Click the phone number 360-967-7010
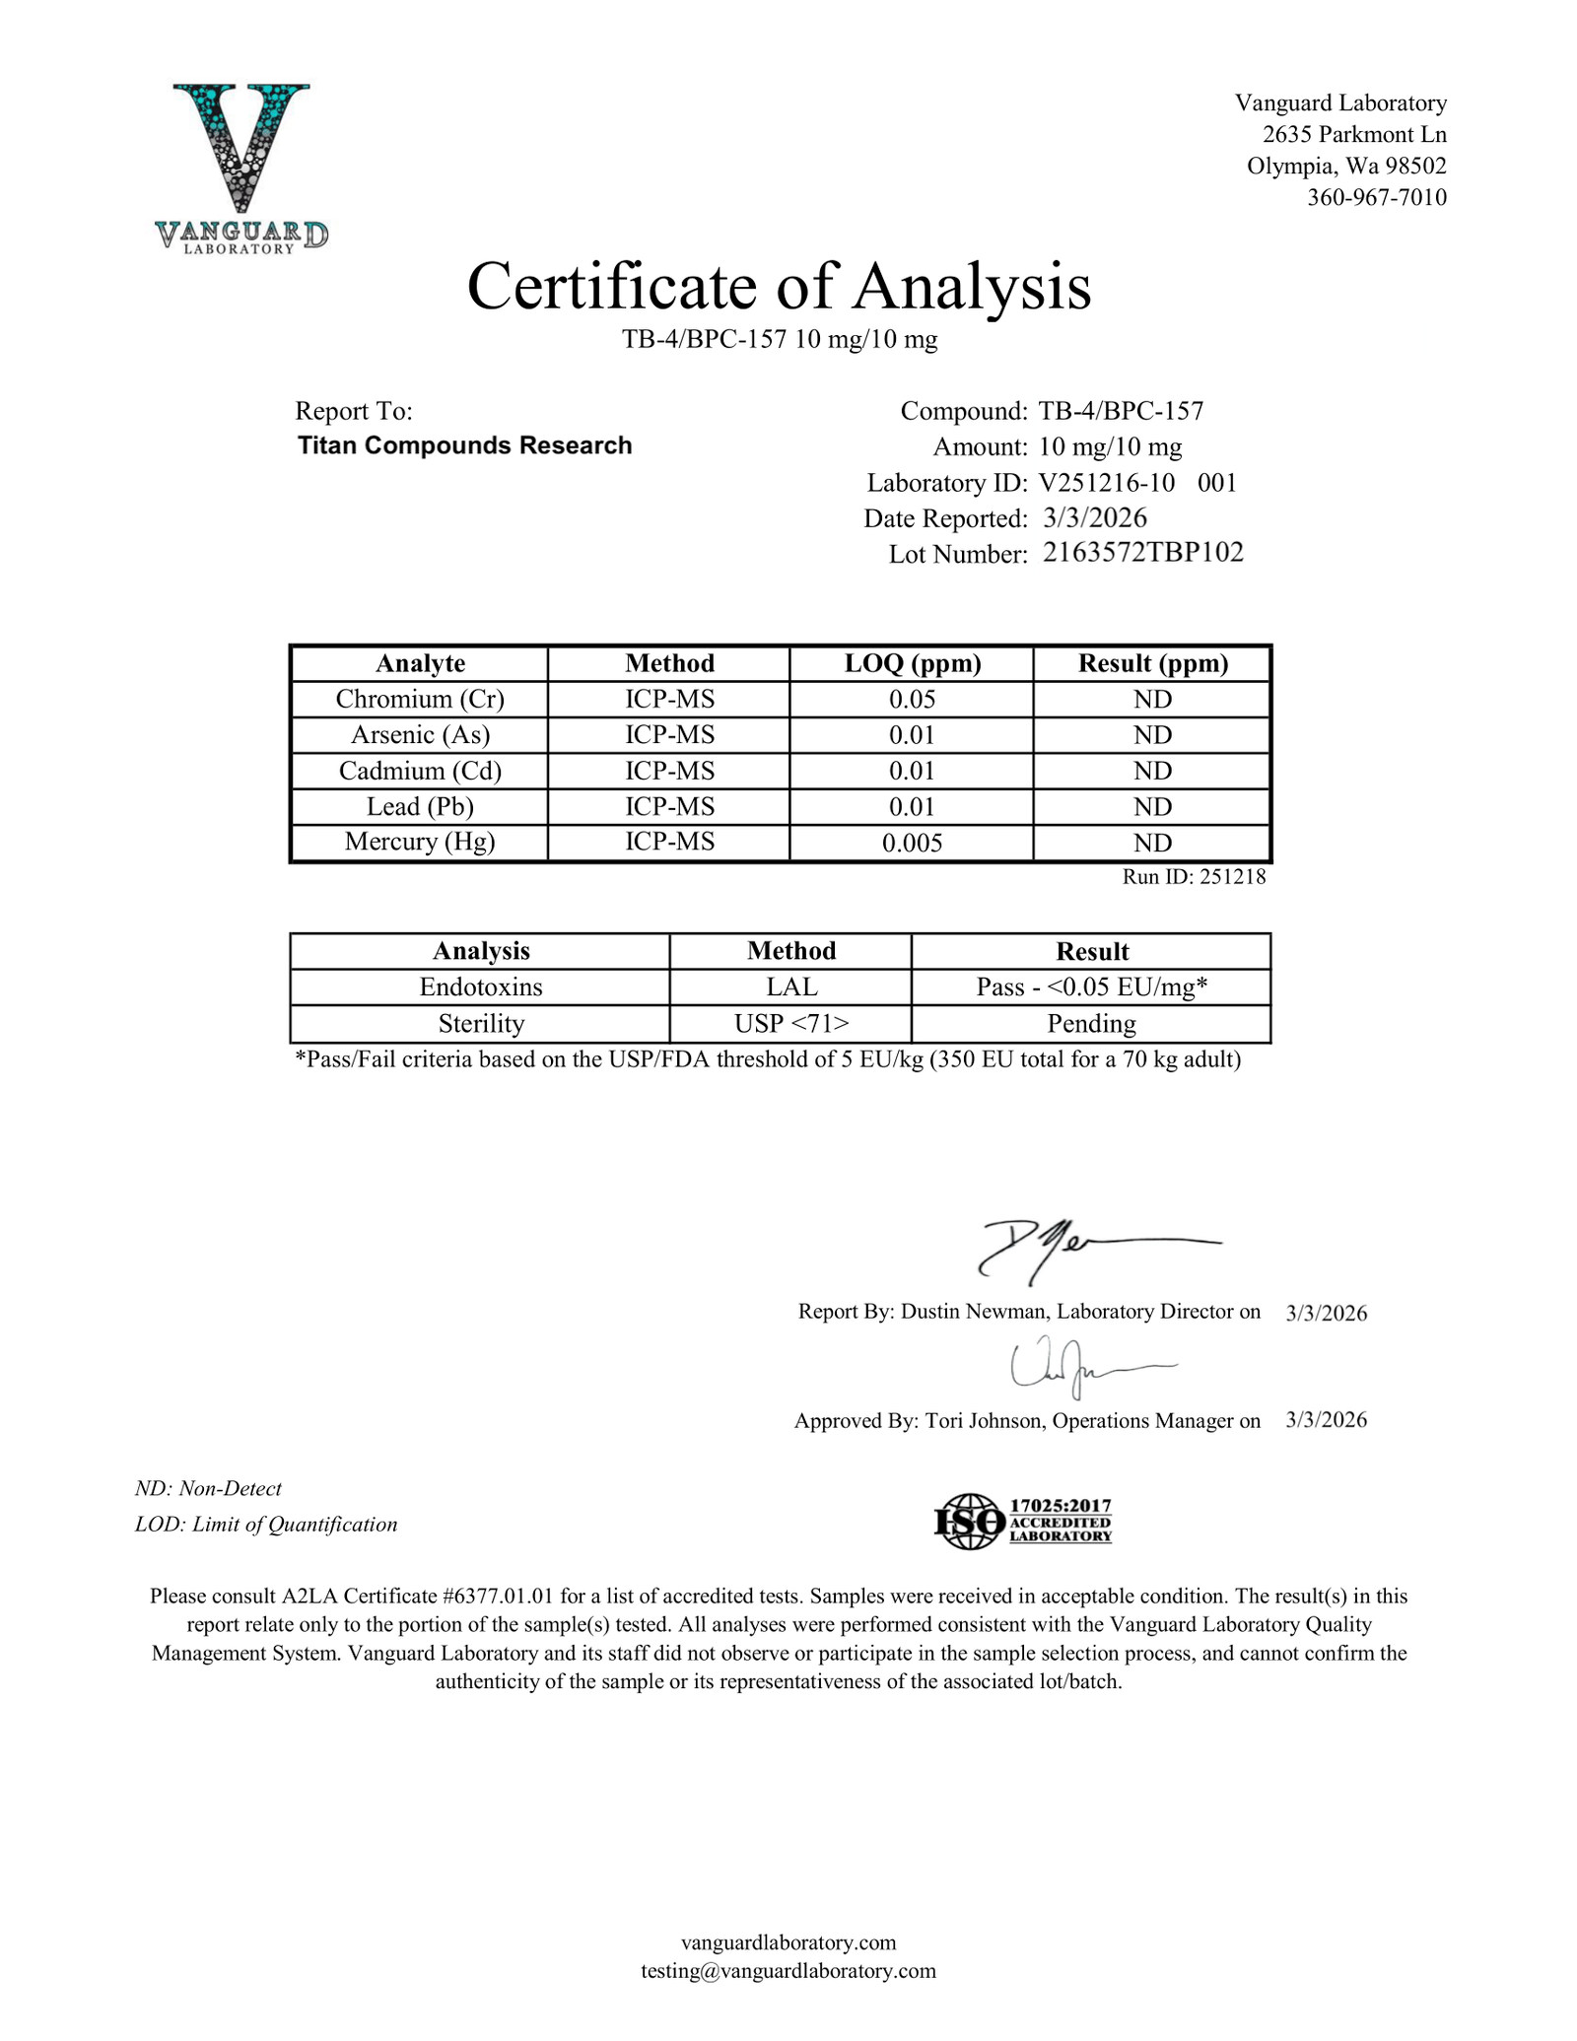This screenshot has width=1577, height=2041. [x=1376, y=197]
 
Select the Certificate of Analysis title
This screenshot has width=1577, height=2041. [x=779, y=287]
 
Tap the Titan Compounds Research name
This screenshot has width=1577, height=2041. [x=464, y=445]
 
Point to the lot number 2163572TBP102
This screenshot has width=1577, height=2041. [x=1142, y=552]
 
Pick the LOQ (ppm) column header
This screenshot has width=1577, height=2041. [x=912, y=663]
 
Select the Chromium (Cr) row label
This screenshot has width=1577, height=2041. [x=420, y=699]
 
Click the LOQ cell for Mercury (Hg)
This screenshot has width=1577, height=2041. [x=912, y=843]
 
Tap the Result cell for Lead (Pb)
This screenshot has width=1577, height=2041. [x=1152, y=807]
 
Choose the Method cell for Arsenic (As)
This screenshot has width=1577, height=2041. [x=669, y=735]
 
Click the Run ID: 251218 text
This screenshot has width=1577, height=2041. [x=1193, y=876]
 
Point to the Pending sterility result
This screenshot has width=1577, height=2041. [x=1091, y=1024]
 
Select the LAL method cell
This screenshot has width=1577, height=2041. [x=790, y=987]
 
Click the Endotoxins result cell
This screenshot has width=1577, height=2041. [x=1091, y=987]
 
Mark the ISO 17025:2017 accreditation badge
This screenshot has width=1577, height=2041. [x=1022, y=1521]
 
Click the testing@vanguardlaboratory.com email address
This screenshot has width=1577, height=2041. [x=788, y=1970]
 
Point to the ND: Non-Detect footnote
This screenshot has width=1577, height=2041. [x=208, y=1488]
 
